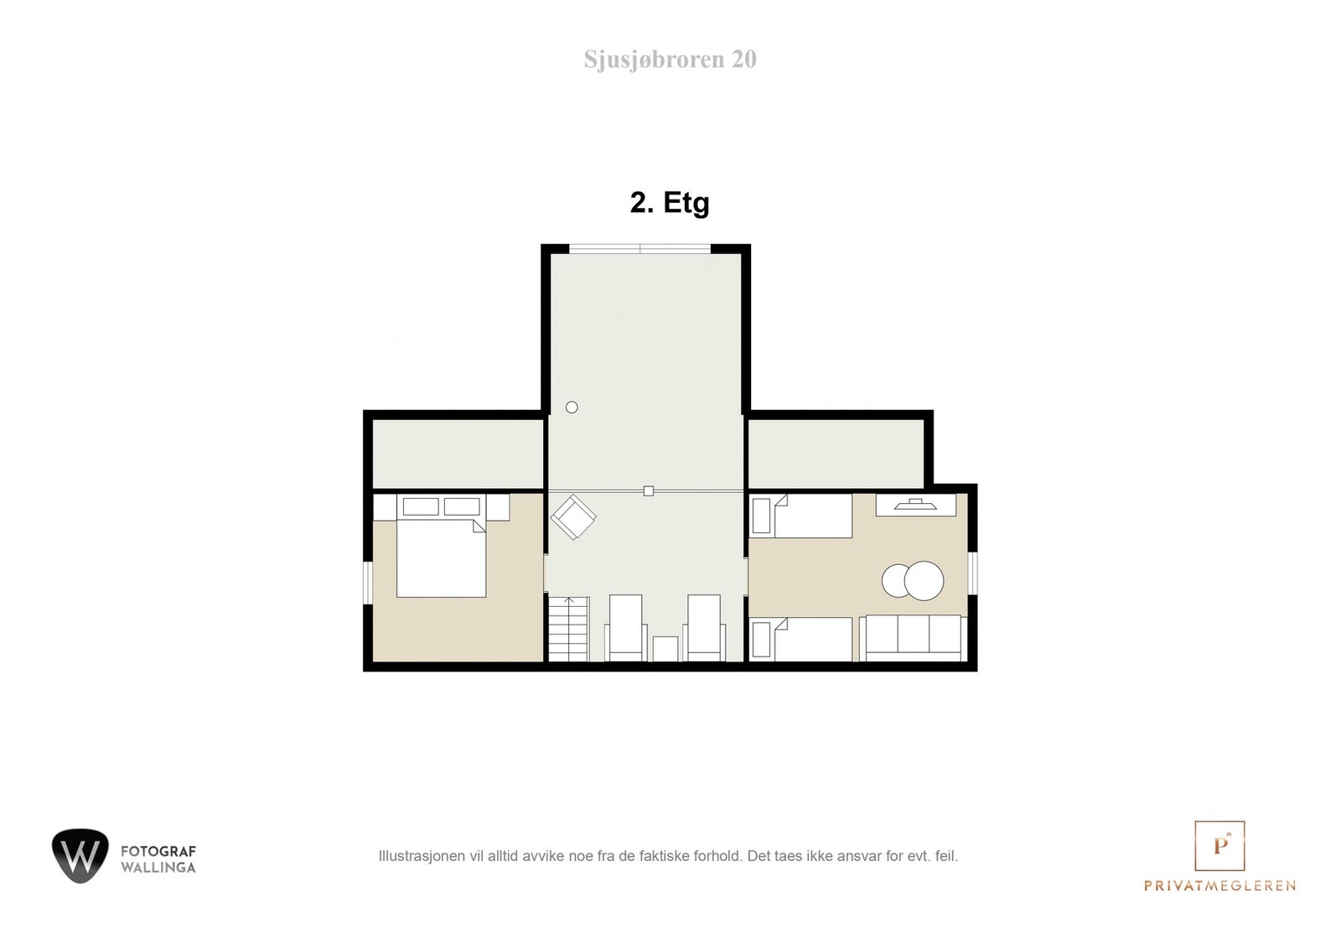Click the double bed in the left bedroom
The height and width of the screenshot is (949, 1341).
pyautogui.click(x=441, y=557)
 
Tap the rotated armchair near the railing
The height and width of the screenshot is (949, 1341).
pyautogui.click(x=573, y=516)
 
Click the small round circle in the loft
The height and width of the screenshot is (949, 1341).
pyautogui.click(x=572, y=407)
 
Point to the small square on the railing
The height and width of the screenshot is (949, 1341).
pyautogui.click(x=648, y=491)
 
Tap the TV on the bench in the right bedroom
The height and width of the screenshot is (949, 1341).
pyautogui.click(x=914, y=505)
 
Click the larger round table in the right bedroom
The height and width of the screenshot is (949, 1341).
pyautogui.click(x=923, y=580)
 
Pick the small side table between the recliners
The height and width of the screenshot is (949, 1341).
pyautogui.click(x=665, y=648)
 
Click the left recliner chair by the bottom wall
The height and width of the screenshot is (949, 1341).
pyautogui.click(x=626, y=628)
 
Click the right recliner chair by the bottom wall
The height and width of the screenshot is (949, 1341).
pyautogui.click(x=704, y=628)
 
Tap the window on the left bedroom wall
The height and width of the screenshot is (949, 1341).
pyautogui.click(x=367, y=582)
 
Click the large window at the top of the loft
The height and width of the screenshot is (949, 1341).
pyautogui.click(x=640, y=248)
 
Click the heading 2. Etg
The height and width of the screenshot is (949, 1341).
pyautogui.click(x=670, y=203)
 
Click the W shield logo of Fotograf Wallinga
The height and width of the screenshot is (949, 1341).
pyautogui.click(x=80, y=855)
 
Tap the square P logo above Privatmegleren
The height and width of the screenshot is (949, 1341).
pyautogui.click(x=1219, y=845)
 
